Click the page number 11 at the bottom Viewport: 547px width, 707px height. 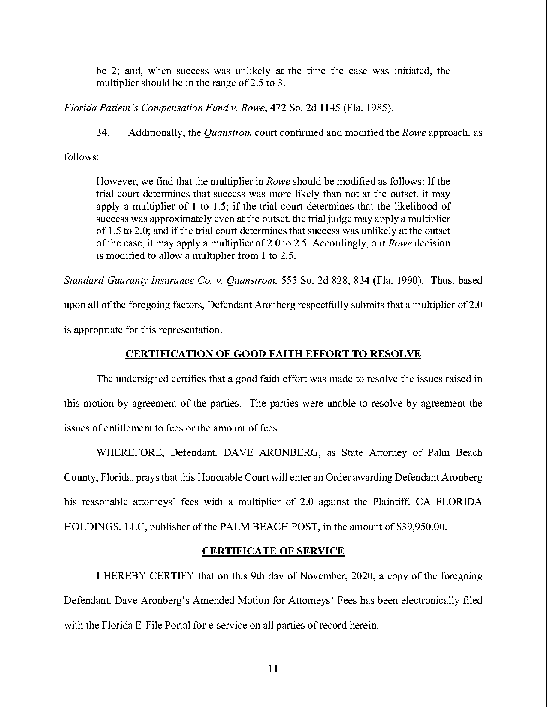(273, 669)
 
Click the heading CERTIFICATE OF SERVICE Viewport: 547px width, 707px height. (273, 551)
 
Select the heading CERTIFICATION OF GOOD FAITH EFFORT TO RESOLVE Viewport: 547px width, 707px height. (273, 354)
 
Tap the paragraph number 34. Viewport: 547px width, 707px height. (102, 133)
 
